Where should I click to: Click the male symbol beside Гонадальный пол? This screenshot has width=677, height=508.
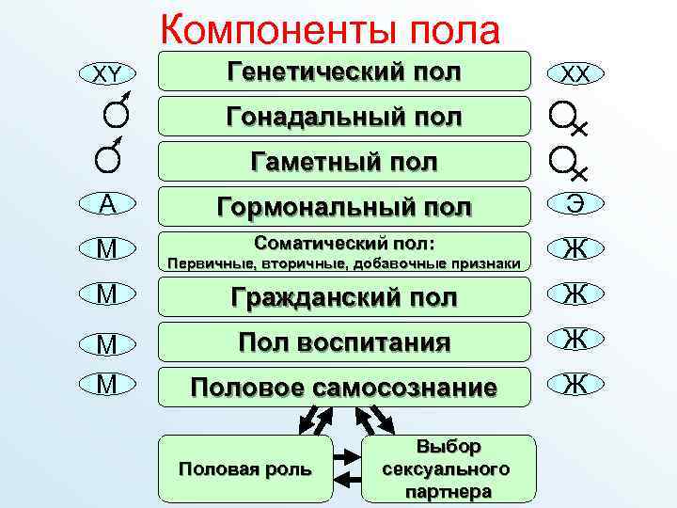point(115,113)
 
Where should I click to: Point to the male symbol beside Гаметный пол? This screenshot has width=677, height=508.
point(109,155)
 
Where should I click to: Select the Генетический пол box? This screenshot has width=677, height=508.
point(343,71)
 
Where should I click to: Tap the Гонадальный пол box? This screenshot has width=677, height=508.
point(343,117)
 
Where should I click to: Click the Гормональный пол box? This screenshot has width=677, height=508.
point(343,206)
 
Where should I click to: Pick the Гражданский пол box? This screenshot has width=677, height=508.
point(343,297)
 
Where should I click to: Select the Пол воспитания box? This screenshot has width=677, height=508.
point(343,341)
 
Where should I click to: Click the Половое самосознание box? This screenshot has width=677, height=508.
point(343,386)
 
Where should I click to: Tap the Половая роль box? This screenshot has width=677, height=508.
point(245,468)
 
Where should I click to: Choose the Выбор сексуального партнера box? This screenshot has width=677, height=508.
point(447,468)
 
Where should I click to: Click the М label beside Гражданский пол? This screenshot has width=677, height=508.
point(107,295)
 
